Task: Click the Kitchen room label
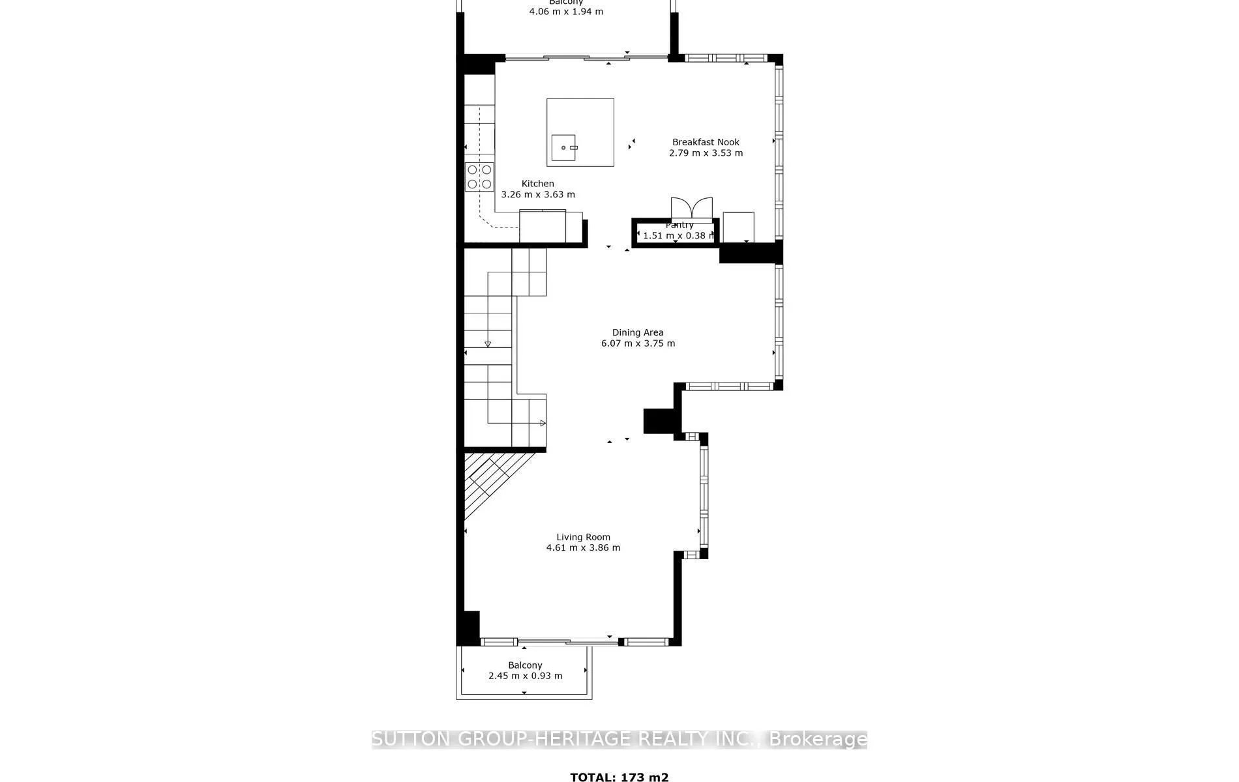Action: pyautogui.click(x=537, y=184)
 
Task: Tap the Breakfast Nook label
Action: pyautogui.click(x=706, y=142)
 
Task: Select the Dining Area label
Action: pyautogui.click(x=637, y=332)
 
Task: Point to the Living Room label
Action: pyautogui.click(x=583, y=537)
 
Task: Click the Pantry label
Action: pyautogui.click(x=679, y=225)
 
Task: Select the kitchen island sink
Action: pyautogui.click(x=563, y=148)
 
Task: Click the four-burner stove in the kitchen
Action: pyautogui.click(x=479, y=177)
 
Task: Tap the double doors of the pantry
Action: pyautogui.click(x=691, y=209)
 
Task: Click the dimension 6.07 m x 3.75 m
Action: pyautogui.click(x=638, y=343)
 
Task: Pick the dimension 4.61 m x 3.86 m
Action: pyautogui.click(x=583, y=548)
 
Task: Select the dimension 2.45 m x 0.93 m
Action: pyautogui.click(x=525, y=676)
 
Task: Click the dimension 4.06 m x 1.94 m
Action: pyautogui.click(x=566, y=12)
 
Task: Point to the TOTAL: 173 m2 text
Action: pyautogui.click(x=619, y=777)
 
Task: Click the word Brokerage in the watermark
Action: pyautogui.click(x=818, y=739)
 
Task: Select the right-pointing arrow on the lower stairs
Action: pyautogui.click(x=542, y=424)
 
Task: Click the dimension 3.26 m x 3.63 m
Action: pyautogui.click(x=538, y=194)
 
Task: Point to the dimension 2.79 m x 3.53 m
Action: pyautogui.click(x=706, y=153)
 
